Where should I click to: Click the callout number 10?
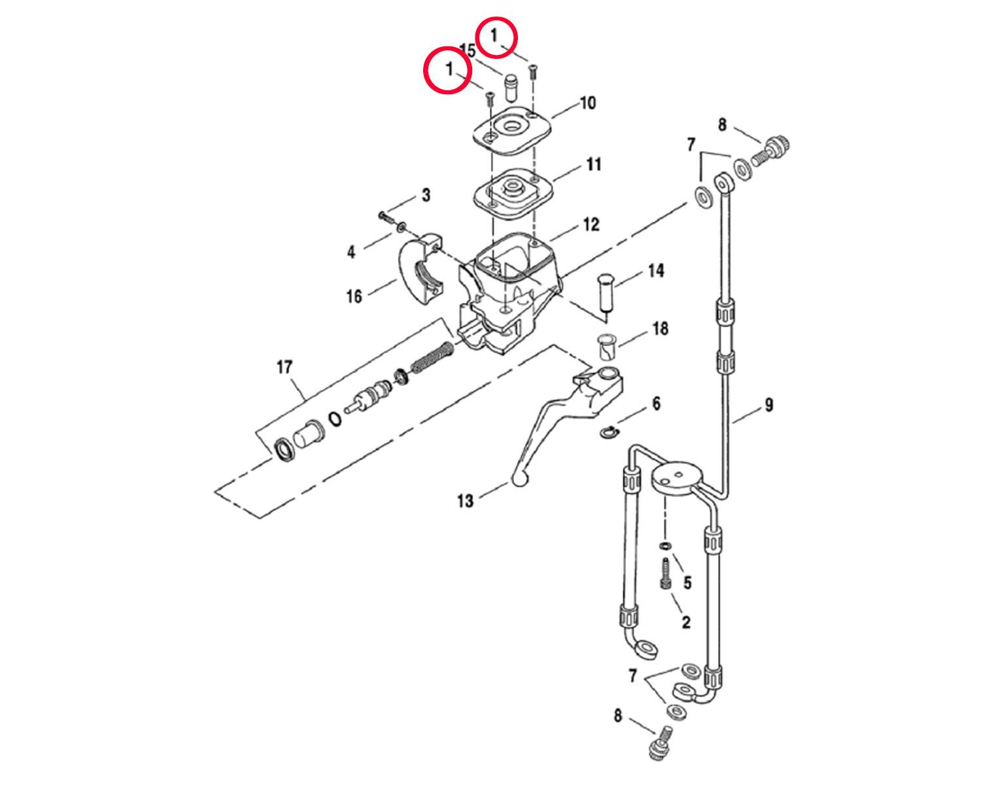point(587,103)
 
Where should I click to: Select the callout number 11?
point(593,164)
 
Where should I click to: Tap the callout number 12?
point(591,224)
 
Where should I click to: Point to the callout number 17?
point(284,367)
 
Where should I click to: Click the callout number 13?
point(466,502)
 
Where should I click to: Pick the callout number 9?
point(769,405)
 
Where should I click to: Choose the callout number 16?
point(354,296)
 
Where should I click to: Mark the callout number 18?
point(661,328)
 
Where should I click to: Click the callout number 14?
point(656,271)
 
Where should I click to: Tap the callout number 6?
point(656,403)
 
